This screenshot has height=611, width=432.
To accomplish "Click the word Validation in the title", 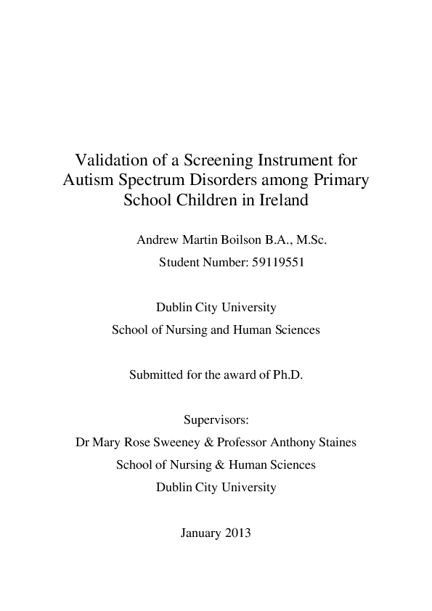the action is coord(110,158).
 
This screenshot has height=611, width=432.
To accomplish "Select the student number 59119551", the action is coord(275,262).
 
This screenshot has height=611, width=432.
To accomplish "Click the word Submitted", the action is coord(154,376).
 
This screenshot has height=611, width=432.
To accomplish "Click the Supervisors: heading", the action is coord(216,419).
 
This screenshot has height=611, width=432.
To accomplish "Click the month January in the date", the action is coord(200,533).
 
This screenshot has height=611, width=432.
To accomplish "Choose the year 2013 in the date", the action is coord(238,533).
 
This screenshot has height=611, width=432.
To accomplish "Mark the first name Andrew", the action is coord(159,239).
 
